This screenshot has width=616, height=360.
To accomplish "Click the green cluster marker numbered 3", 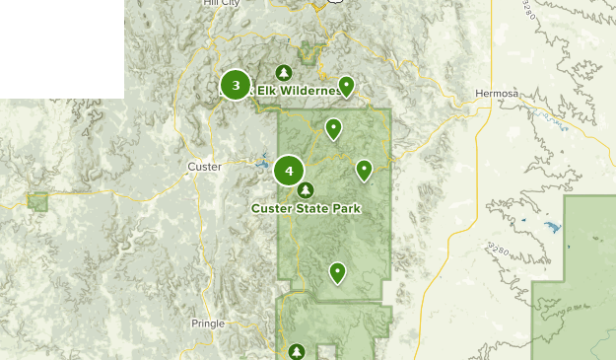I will [236, 85].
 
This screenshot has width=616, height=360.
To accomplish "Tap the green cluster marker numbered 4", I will [289, 171].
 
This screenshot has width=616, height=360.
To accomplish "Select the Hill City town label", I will [220, 4].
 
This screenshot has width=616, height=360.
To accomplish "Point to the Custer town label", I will [204, 167].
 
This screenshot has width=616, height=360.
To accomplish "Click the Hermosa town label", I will [496, 94].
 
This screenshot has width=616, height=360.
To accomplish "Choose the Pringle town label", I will [207, 323].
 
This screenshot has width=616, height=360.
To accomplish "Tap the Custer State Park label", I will [306, 208].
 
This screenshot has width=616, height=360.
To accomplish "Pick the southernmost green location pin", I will [338, 271].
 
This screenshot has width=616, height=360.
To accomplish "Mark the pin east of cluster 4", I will [364, 170].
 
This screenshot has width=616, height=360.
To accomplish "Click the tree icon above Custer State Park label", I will [306, 189].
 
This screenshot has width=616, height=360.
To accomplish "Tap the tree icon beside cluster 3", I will [284, 73].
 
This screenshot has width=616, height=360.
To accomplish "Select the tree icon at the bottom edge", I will [297, 350].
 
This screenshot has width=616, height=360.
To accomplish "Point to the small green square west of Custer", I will [37, 202].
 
